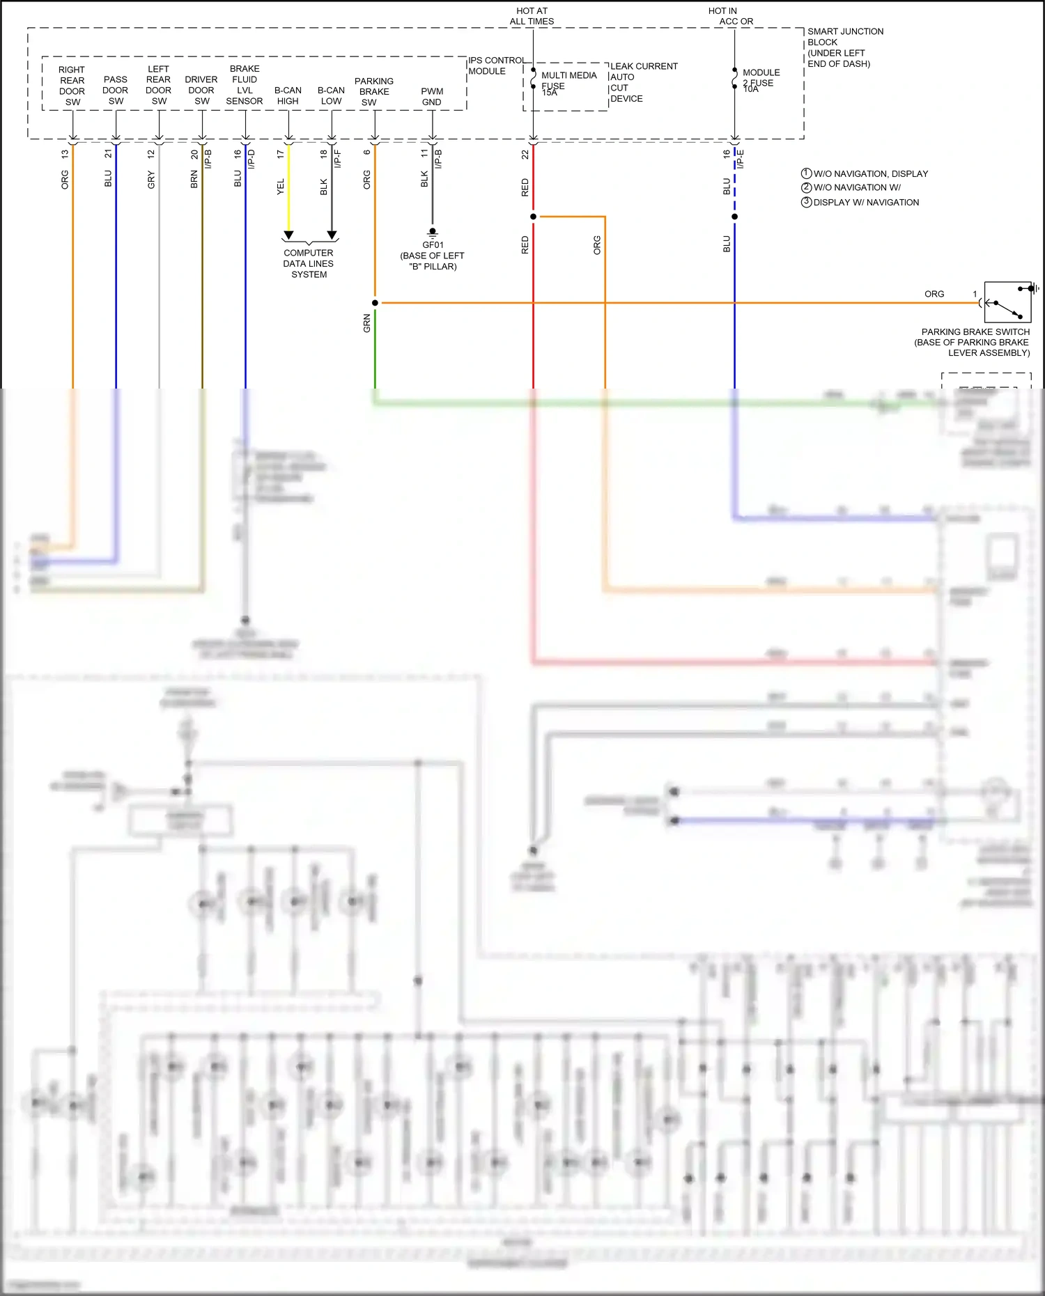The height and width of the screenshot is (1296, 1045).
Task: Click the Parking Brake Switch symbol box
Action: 1008,302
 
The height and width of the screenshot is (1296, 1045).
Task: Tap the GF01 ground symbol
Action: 433,233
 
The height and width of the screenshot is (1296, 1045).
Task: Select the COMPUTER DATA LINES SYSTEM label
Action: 309,264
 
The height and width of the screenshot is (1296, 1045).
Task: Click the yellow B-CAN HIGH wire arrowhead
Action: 288,235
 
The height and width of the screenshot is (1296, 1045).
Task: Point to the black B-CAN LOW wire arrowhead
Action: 332,235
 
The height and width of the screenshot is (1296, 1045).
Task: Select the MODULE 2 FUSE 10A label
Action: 760,80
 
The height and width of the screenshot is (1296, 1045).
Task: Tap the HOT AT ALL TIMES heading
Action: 532,16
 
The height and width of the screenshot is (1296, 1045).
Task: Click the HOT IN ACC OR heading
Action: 730,16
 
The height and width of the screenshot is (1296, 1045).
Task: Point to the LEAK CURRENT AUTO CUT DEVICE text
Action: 642,82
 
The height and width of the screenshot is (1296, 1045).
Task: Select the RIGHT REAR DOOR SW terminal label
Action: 72,86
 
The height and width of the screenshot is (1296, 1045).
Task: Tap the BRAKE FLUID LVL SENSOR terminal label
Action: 245,85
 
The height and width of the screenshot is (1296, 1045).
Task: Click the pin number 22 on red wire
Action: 525,155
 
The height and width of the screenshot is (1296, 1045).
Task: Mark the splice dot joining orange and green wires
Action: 375,303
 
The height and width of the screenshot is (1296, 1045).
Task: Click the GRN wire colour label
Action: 367,323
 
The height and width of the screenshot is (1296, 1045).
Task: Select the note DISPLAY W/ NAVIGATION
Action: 866,203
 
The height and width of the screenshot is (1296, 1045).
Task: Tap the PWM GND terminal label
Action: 432,97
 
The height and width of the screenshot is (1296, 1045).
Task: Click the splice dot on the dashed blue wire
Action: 734,217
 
